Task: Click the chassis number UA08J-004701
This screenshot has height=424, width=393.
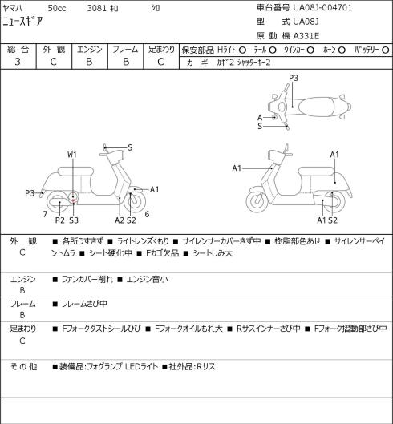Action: coord(322,7)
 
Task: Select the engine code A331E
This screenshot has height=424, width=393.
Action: coord(306,36)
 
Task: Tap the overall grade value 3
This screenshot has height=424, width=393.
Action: coord(18,62)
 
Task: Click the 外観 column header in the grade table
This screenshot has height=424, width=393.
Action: coord(54,49)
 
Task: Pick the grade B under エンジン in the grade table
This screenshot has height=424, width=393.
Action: coord(89,62)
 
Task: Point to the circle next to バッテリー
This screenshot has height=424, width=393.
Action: coord(386,50)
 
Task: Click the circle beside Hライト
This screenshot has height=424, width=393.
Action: coord(242,50)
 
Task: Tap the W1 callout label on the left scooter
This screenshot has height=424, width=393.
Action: coord(72,155)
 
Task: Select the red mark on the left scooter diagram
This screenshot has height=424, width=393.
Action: coord(73,200)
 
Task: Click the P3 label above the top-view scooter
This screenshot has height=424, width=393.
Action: coord(294,78)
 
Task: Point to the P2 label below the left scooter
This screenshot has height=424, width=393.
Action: coord(60,220)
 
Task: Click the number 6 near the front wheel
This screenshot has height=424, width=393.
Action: coord(147,214)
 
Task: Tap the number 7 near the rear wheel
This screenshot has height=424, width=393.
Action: coord(45,214)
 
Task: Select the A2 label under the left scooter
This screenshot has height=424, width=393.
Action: coord(120,220)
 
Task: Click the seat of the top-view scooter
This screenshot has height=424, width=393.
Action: coord(316,106)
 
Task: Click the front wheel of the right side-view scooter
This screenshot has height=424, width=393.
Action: coord(257,201)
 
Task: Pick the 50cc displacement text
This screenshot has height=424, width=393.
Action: coord(57,8)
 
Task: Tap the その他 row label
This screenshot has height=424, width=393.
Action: coord(23,366)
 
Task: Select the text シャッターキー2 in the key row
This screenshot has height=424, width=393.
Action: coord(253,63)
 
